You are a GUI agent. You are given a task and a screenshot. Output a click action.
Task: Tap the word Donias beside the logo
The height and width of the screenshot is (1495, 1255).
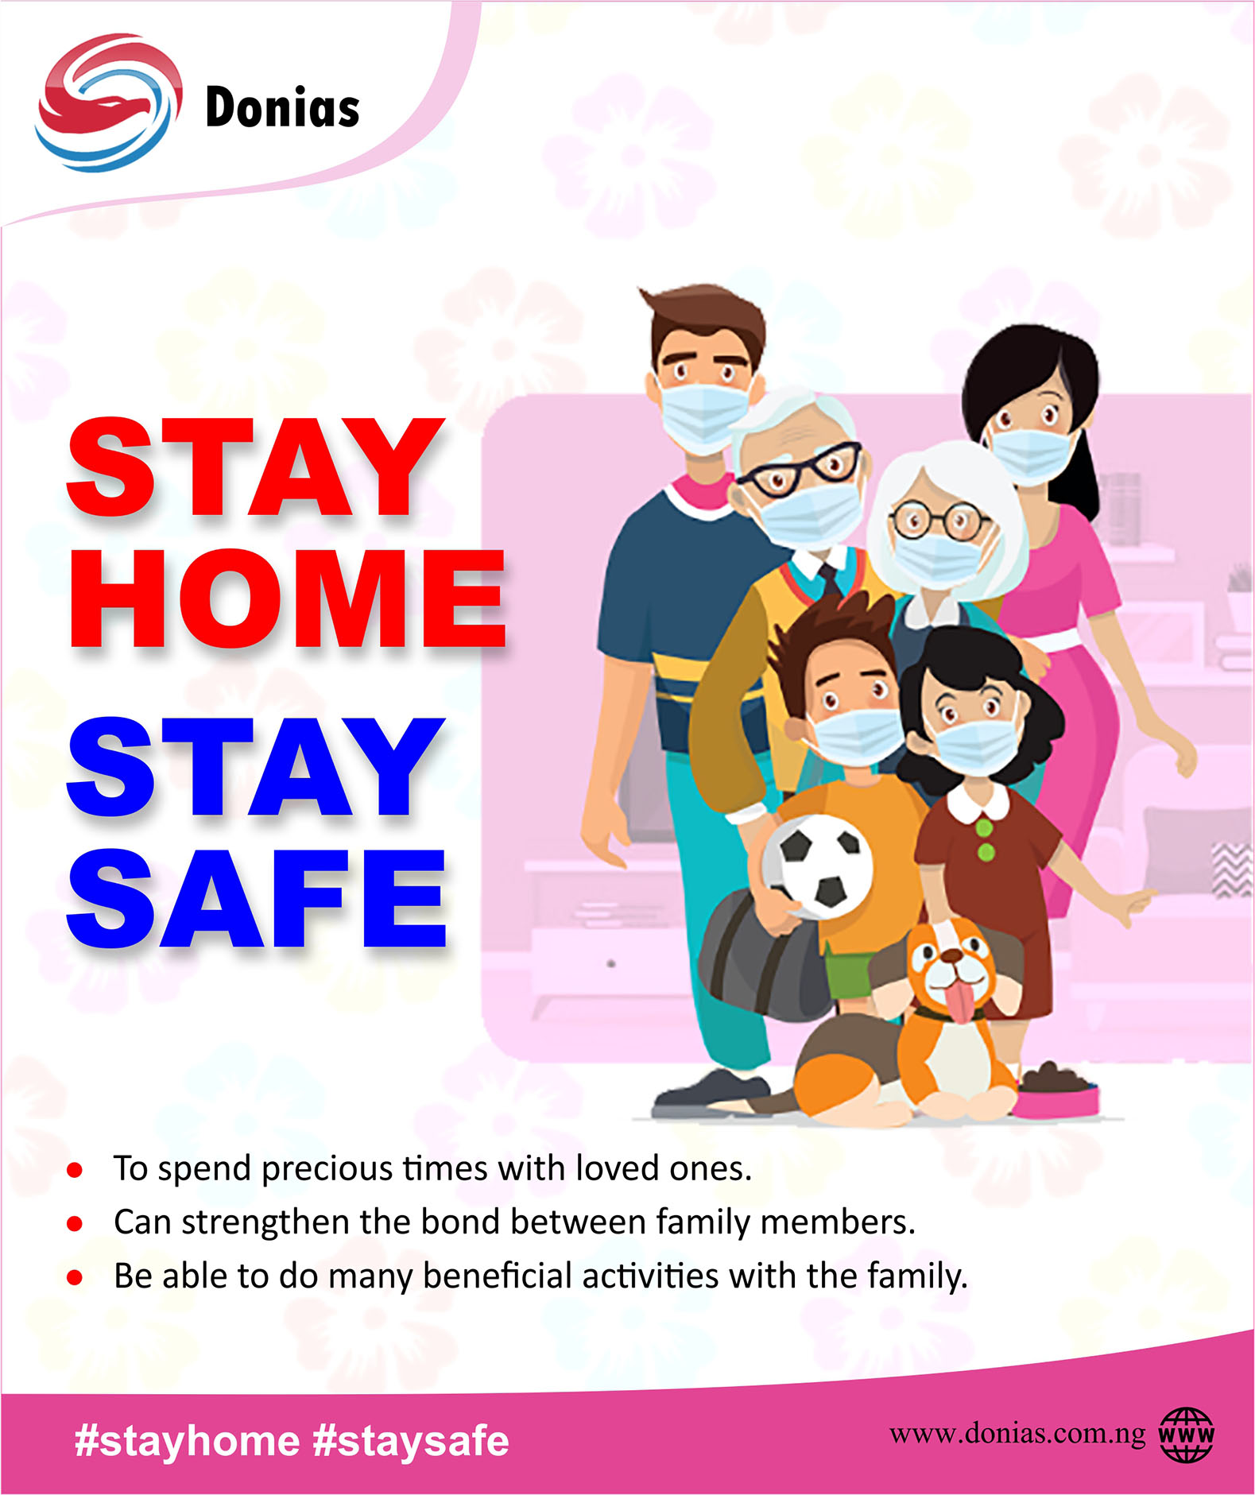pyautogui.click(x=282, y=107)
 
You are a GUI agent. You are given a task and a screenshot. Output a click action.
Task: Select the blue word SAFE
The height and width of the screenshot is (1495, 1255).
pyautogui.click(x=256, y=899)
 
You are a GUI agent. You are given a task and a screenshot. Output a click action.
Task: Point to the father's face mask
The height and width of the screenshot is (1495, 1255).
pyautogui.click(x=704, y=415)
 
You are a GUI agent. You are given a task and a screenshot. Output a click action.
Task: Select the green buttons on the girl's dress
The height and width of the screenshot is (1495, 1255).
pyautogui.click(x=986, y=840)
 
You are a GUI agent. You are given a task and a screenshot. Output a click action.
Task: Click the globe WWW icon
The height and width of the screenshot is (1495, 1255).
pyautogui.click(x=1186, y=1435)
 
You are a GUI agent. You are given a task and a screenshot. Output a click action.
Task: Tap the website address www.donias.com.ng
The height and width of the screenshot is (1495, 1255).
pyautogui.click(x=1017, y=1433)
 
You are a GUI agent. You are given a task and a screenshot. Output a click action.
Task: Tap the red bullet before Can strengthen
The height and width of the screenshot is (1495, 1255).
pyautogui.click(x=75, y=1224)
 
